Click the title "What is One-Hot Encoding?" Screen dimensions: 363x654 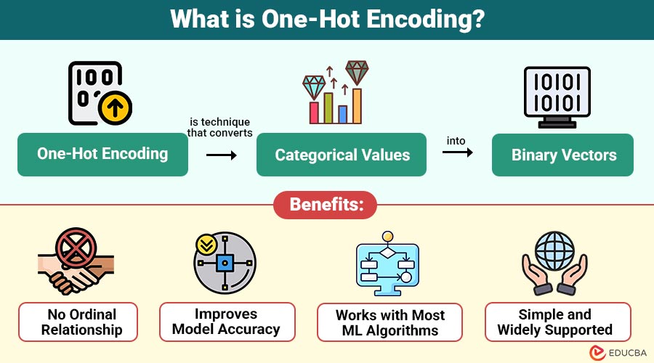(326, 19)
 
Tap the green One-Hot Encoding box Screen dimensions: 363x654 (102, 154)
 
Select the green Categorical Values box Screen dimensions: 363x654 (342, 155)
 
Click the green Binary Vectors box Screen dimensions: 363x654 (563, 155)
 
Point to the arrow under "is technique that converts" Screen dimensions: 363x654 (221, 155)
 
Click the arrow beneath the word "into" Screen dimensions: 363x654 (457, 152)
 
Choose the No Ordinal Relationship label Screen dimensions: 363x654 (78, 322)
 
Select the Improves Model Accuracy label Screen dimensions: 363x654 (227, 322)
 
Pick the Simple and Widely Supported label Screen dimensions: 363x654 (554, 322)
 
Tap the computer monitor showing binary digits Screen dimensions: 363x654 (557, 96)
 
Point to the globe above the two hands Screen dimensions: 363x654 (554, 250)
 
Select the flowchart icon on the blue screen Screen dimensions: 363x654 (387, 264)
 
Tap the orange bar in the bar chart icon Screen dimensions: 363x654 (357, 105)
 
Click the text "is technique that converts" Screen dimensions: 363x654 (219, 127)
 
